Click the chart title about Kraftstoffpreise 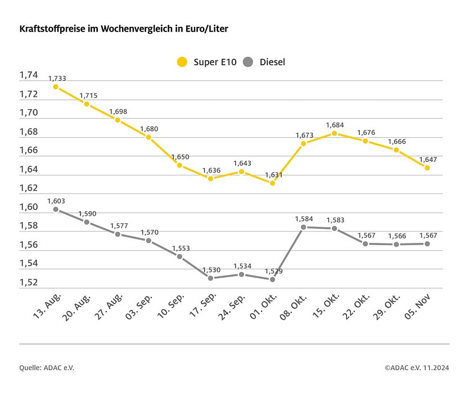[x=124, y=28]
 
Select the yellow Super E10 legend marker [x=181, y=62]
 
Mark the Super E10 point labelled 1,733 [x=56, y=87]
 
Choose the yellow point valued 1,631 [x=272, y=183]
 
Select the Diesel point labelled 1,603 [x=56, y=209]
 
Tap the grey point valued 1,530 [x=210, y=278]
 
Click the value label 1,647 [x=427, y=159]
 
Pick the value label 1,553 [x=179, y=248]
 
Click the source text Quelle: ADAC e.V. [x=47, y=368]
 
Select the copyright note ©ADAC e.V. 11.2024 [x=417, y=368]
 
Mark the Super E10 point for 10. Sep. [x=179, y=165]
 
